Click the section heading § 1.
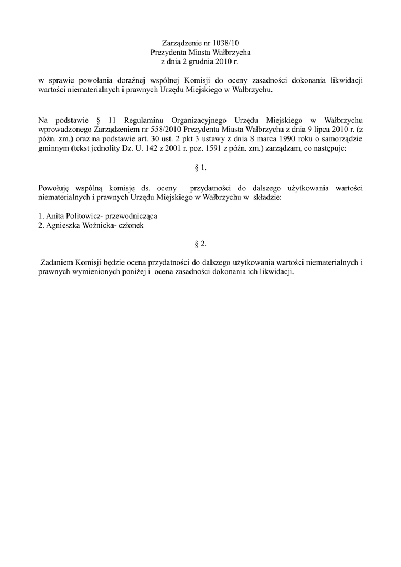point(200,167)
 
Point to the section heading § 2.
point(200,243)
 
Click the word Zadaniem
point(59,263)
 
